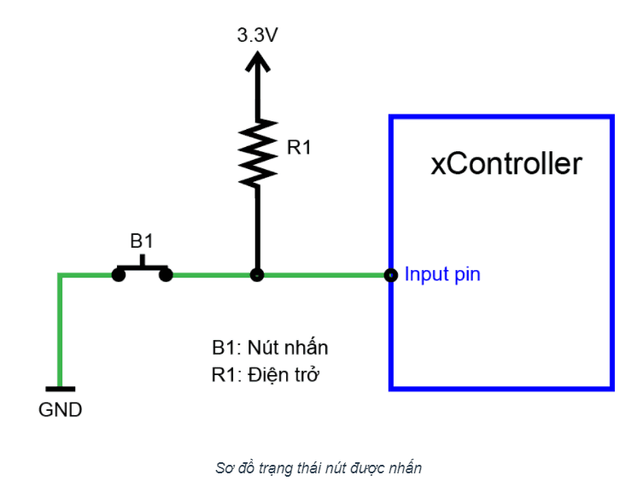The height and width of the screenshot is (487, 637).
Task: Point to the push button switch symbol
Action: [x=143, y=270]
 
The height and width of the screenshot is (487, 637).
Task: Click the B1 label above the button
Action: [x=142, y=241]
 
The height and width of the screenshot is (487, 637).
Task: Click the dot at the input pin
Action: [x=391, y=275]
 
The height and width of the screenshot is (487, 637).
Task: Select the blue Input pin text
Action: [x=442, y=274]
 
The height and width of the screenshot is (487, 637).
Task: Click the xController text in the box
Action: [x=506, y=162]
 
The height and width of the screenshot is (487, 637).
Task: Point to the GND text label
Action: [x=61, y=410]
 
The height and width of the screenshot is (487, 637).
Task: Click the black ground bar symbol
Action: [x=61, y=390]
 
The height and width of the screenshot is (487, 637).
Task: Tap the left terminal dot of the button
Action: [x=117, y=275]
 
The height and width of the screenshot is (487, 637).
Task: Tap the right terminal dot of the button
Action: [x=167, y=275]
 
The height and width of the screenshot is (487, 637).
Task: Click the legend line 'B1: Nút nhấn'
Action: [x=270, y=348]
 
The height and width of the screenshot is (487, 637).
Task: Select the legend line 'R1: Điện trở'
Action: [x=266, y=374]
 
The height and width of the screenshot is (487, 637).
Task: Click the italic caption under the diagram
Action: [x=318, y=467]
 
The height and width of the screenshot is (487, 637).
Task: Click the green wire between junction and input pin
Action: [x=324, y=275]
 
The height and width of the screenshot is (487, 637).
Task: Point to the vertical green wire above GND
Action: [x=60, y=333]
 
